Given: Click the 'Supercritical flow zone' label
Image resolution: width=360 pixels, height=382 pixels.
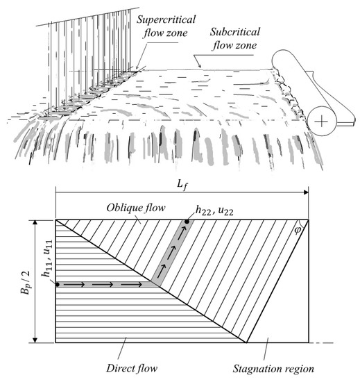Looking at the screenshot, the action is [166, 26].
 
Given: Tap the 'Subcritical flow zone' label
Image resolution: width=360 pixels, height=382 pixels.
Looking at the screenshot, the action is [234, 39].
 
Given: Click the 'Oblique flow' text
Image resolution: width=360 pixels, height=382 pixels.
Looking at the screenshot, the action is [136, 208].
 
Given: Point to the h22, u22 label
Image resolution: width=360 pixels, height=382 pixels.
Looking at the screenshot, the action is [214, 210].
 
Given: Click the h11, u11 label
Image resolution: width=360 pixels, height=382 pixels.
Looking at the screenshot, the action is [47, 259].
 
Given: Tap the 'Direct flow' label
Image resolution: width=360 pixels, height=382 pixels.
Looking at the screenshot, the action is [132, 368].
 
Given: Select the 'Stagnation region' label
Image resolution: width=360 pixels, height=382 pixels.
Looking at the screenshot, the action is [273, 369].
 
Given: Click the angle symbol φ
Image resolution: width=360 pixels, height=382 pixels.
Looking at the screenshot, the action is [298, 230].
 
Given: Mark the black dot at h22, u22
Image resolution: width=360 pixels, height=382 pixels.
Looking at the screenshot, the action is [187, 222].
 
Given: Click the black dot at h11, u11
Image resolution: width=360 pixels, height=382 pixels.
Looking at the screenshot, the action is [58, 284].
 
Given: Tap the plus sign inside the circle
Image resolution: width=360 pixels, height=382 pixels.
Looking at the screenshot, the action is [322, 121].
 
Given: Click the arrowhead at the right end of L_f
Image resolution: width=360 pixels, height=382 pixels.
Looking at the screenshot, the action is [306, 192].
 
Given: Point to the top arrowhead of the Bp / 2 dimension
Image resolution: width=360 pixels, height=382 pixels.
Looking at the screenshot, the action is [35, 223].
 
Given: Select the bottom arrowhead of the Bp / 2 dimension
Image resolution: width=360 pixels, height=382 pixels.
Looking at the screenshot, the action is [35, 340].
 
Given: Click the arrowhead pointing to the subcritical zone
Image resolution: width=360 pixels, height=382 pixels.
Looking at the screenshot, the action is [200, 66].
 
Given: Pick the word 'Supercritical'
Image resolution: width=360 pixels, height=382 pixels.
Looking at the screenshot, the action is [166, 19].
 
